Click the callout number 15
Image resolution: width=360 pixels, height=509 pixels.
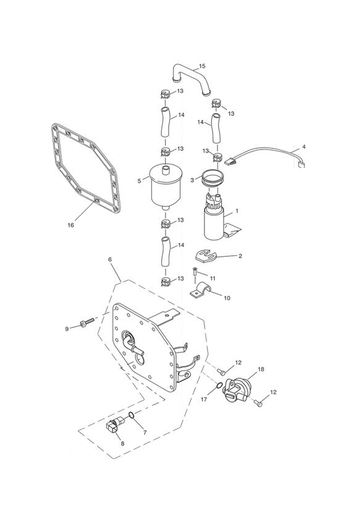pyautogui.click(x=202, y=66)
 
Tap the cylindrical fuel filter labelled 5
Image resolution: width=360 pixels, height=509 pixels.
pyautogui.click(x=165, y=185)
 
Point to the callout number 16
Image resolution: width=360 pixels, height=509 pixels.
pyautogui.click(x=71, y=225)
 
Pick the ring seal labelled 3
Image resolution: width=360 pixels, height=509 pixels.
pyautogui.click(x=213, y=179)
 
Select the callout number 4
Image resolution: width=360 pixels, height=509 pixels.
pyautogui.click(x=304, y=147)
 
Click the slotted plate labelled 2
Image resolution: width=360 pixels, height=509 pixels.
pyautogui.click(x=206, y=255)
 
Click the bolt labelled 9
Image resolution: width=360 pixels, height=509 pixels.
pyautogui.click(x=86, y=322)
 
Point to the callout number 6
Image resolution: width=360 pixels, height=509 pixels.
pyautogui.click(x=110, y=259)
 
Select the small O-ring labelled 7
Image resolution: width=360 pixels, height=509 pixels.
pyautogui.click(x=131, y=415)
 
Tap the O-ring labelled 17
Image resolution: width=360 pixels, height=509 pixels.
pyautogui.click(x=219, y=385)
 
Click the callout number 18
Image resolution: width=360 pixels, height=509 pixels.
pyautogui.click(x=261, y=369)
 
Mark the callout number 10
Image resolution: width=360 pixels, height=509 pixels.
pyautogui.click(x=227, y=298)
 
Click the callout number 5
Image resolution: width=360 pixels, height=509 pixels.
pyautogui.click(x=140, y=181)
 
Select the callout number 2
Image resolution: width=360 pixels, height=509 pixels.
pyautogui.click(x=240, y=256)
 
